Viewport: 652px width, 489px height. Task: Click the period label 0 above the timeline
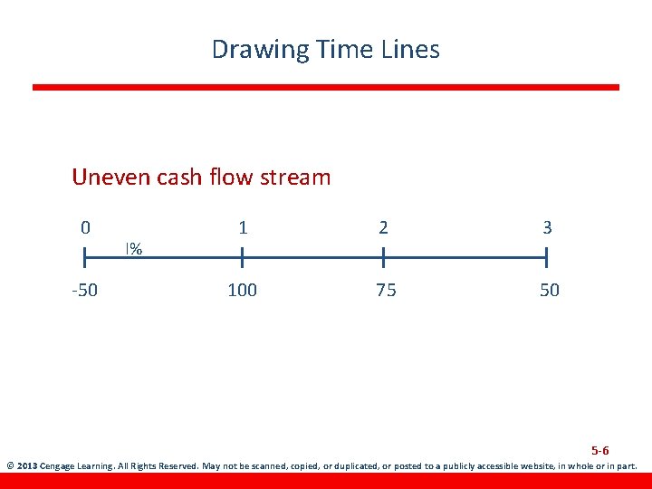(85, 227)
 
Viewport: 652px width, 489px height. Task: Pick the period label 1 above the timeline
(243, 227)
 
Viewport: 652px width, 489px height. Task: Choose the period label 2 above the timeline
(384, 227)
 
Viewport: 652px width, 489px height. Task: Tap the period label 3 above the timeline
(547, 227)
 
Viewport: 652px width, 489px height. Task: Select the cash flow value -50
(85, 291)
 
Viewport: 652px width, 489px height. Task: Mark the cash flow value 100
(242, 291)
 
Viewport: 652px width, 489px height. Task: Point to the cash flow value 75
(386, 291)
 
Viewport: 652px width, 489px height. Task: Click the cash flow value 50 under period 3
(550, 291)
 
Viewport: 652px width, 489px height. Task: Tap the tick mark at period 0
(85, 260)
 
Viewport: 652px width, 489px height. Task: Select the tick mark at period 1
(242, 260)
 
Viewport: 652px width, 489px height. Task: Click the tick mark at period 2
(384, 260)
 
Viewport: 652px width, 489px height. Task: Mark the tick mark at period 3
(547, 260)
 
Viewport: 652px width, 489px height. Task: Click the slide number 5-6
(600, 450)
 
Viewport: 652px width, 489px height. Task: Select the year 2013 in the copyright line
(27, 467)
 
